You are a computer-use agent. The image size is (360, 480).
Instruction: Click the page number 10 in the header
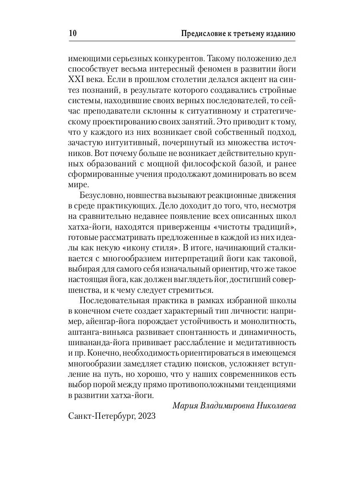coord(69,33)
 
